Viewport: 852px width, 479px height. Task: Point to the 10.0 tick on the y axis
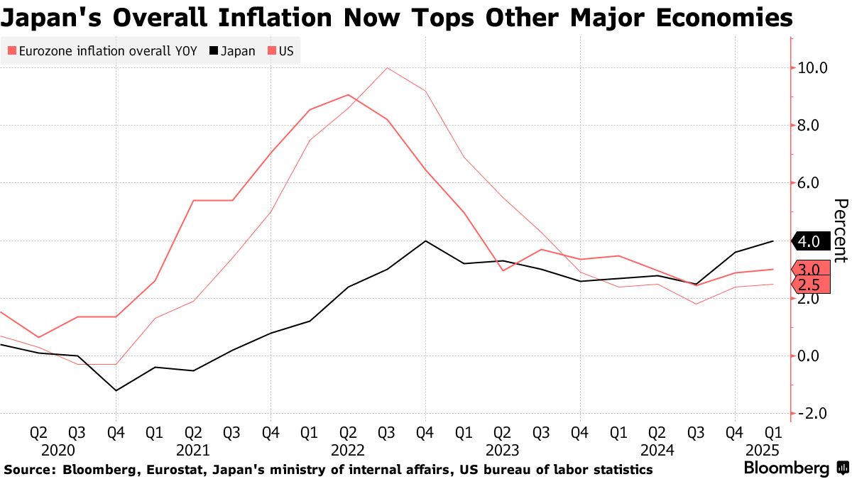812,68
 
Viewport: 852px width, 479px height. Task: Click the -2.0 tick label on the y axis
814,414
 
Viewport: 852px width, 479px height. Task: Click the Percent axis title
841,231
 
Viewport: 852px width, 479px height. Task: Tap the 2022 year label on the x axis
347,450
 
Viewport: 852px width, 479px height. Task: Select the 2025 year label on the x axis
762,450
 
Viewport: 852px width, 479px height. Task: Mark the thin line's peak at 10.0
386,68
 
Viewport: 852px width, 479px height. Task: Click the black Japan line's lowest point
115,390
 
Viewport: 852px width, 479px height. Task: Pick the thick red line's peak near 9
347,94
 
